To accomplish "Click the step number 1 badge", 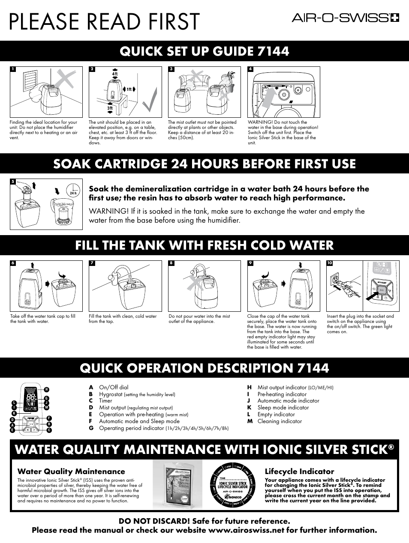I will pos(13,69).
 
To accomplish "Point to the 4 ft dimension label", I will pos(114,74).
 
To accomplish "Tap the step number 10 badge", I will pos(329,263).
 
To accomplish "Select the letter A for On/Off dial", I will pos(90,387).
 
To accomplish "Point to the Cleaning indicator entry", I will pos(280,421).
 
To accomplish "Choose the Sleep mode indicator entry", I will pos(283,408).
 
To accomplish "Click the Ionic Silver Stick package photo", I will pos(177,484).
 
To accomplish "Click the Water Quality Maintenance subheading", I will pos(71,471).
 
